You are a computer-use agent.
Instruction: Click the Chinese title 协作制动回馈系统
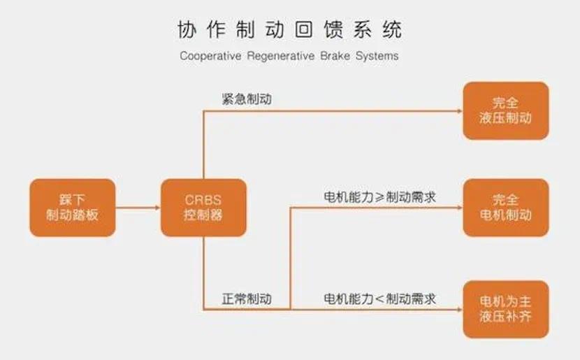pyautogui.click(x=289, y=29)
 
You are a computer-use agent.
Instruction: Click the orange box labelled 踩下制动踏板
pyautogui.click(x=73, y=208)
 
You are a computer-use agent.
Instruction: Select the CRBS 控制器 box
pyautogui.click(x=203, y=208)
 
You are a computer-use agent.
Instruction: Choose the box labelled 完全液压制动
pyautogui.click(x=507, y=110)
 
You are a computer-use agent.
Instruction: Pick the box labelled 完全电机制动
pyautogui.click(x=507, y=208)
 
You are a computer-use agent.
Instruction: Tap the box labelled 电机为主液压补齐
pyautogui.click(x=507, y=309)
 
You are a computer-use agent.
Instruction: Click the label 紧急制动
pyautogui.click(x=246, y=99)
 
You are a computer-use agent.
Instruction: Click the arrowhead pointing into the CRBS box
pyautogui.click(x=156, y=208)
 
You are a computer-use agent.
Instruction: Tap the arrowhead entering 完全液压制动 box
pyautogui.click(x=458, y=110)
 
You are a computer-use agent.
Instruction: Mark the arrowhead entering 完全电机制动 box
pyautogui.click(x=458, y=208)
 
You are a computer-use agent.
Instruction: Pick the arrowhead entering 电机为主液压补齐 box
pyautogui.click(x=458, y=309)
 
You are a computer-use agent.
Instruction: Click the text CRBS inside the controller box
pyautogui.click(x=203, y=199)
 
